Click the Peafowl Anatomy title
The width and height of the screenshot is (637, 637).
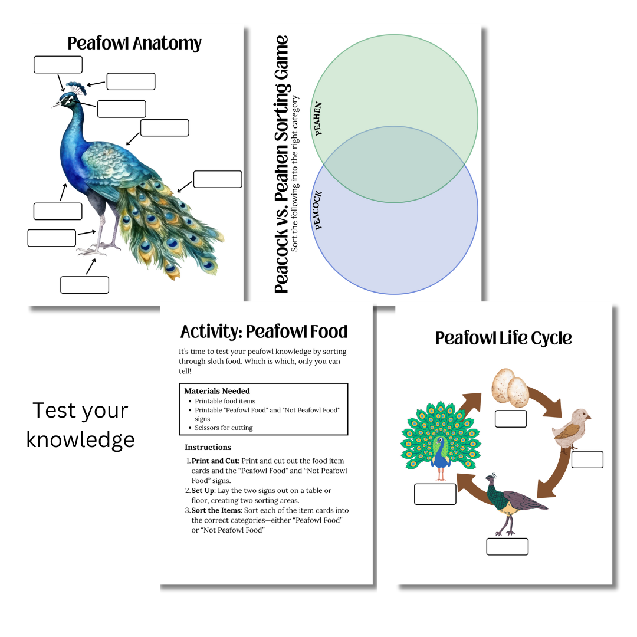pos(134,44)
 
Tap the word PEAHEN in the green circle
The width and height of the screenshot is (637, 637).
pos(318,119)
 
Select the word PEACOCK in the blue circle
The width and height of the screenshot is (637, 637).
pos(318,211)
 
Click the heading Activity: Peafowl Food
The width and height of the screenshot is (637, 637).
pos(264,331)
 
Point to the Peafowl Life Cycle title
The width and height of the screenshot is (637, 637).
pos(503,338)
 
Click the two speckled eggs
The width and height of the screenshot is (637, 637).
pos(510,388)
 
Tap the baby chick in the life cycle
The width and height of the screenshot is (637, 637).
pos(571,429)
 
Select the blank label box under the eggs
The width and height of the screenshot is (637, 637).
pos(511,419)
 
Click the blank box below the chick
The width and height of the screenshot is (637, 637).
pos(587,459)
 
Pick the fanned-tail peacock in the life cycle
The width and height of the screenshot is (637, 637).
pos(441,441)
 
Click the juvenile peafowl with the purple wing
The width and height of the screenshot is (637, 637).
pos(514,504)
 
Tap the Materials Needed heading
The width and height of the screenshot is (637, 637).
pos(217,391)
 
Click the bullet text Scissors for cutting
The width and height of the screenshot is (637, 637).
pos(224,428)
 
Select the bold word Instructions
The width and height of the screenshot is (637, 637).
pos(208,447)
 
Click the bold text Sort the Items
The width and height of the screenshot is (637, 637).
pos(216,510)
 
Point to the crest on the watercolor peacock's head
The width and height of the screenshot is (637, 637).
pos(76,88)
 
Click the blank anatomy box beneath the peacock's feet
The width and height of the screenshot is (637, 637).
pos(84,285)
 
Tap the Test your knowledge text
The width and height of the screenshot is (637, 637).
pos(80,425)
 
